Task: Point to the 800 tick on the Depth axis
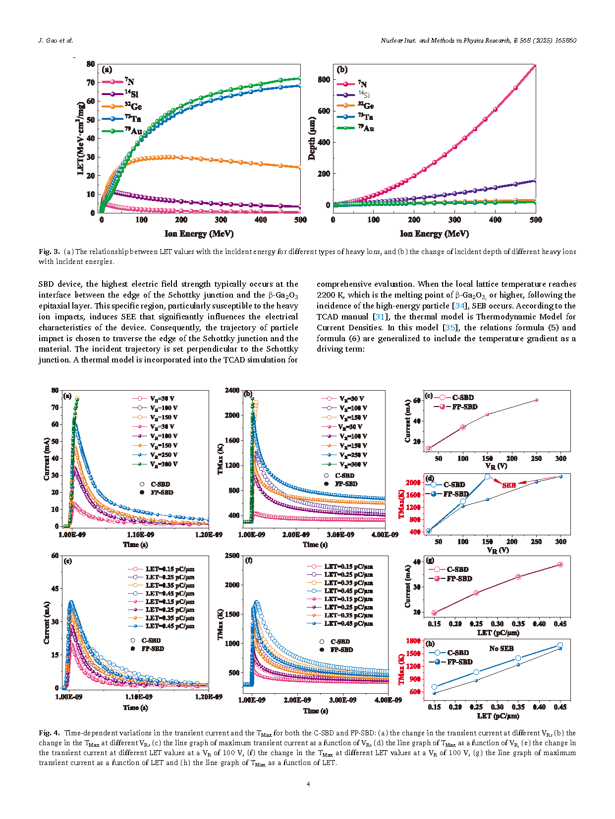324,80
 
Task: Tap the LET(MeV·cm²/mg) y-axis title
81,138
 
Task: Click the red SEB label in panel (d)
509,485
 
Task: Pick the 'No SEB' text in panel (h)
501,649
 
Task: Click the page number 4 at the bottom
308,784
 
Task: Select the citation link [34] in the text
459,306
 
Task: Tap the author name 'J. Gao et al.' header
56,41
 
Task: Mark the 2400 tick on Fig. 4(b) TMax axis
232,390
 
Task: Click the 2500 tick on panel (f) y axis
232,556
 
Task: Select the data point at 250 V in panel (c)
536,400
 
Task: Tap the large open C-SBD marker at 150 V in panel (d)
487,476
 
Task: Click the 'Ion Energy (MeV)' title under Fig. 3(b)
434,234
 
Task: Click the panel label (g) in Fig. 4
430,561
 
